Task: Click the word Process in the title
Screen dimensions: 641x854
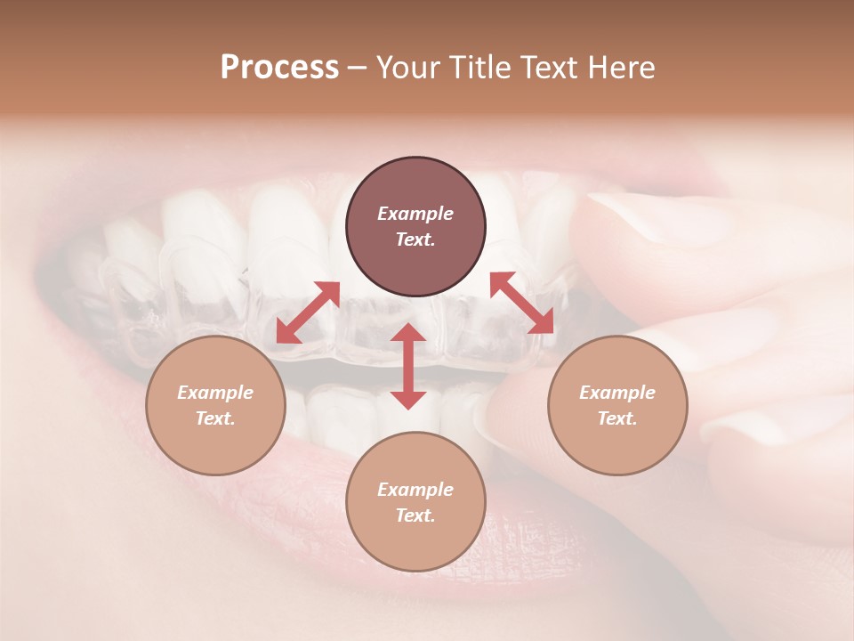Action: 279,68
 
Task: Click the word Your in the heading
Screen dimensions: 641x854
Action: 407,68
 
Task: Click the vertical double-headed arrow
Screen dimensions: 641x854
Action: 408,366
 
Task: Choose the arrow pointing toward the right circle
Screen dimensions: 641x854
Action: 522,304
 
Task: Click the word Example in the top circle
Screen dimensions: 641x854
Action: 415,214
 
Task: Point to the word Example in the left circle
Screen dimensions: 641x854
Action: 215,393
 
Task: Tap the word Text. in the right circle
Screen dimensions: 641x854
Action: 617,418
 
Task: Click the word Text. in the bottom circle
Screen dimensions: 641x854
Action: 415,515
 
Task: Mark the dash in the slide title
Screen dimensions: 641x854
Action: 358,68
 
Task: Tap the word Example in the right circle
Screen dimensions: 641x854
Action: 617,393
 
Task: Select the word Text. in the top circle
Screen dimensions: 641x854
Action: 415,239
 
